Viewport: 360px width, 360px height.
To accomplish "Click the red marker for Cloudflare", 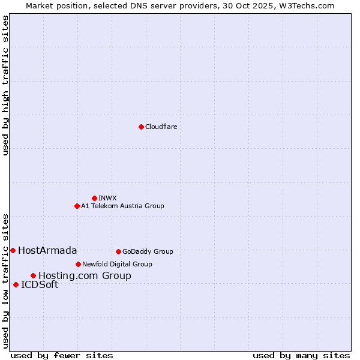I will pos(141,127).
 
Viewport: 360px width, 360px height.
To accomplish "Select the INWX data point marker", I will pos(94,198).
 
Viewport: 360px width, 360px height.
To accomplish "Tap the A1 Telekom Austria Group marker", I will pos(77,206).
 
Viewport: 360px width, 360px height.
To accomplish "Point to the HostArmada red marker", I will pos(13,250).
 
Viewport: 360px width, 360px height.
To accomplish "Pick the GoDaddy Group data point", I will pos(118,251).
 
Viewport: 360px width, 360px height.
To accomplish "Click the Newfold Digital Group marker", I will pos(78,264).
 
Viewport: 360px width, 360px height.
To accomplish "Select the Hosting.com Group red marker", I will pos(33,275).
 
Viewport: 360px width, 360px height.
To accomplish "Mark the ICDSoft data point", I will pos(16,284).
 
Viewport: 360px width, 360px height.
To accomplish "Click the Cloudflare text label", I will pos(161,127).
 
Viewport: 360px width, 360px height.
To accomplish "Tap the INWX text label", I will pos(107,198).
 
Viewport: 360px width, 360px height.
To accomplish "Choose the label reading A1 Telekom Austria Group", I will pos(122,206).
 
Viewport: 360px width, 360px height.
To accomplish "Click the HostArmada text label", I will pos(47,250).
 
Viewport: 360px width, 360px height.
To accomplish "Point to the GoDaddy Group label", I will pos(148,251).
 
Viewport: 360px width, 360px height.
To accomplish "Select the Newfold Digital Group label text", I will pos(117,264).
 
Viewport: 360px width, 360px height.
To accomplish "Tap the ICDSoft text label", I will pos(40,284).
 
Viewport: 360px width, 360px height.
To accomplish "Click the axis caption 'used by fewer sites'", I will pos(62,355).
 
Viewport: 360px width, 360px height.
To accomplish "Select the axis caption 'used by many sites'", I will pos(301,355).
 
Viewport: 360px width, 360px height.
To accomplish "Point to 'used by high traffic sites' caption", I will pos(5,85).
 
